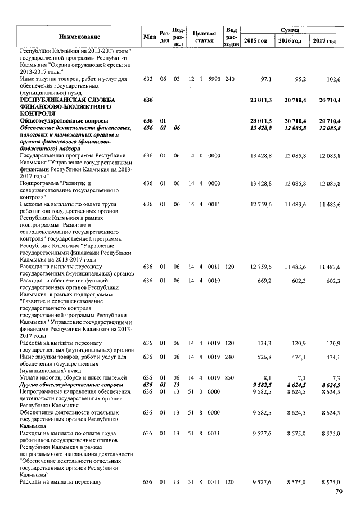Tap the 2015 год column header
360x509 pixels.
(x=255, y=41)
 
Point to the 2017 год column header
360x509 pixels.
(x=325, y=41)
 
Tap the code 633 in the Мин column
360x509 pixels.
(x=148, y=80)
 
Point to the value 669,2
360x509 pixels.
(x=263, y=281)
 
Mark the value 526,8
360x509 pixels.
(x=263, y=357)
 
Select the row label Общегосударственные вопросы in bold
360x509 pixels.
(x=64, y=121)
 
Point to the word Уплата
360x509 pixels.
(x=30, y=378)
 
